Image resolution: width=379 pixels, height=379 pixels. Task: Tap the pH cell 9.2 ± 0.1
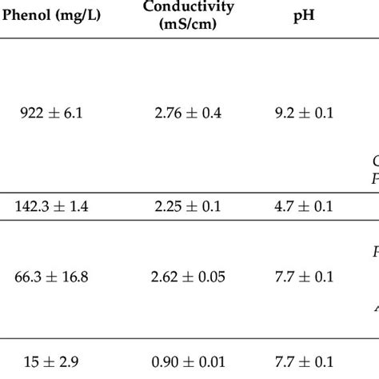pos(297,114)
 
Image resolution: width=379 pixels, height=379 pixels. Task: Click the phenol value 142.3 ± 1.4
pos(52,206)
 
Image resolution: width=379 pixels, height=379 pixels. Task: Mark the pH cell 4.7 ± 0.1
pos(297,206)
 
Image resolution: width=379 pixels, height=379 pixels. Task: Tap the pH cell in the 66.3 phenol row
pos(297,277)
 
